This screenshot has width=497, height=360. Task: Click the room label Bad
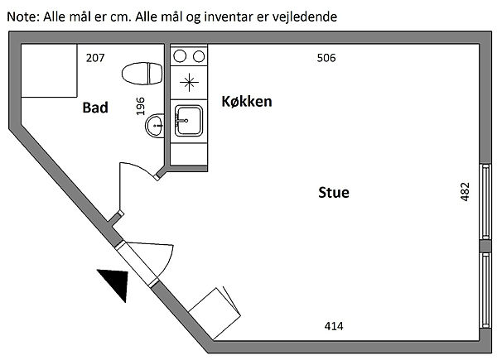coord(95,108)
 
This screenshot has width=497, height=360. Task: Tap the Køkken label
coord(247,101)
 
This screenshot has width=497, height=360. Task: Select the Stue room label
coord(334,193)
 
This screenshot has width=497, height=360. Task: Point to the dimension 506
coord(327,58)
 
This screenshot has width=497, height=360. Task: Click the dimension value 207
coord(96,58)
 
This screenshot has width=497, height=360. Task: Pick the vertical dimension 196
coord(140,106)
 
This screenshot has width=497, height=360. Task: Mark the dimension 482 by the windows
coord(465,192)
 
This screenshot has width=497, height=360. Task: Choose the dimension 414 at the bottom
coord(333,325)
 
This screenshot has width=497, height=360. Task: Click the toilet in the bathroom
coord(141,74)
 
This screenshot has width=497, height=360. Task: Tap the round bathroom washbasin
coord(155,127)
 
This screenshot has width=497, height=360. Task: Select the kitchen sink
coord(190,120)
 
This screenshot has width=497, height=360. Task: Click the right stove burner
coord(198,56)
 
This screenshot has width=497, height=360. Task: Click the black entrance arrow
coord(115,284)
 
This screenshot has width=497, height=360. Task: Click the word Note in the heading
coord(21,16)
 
